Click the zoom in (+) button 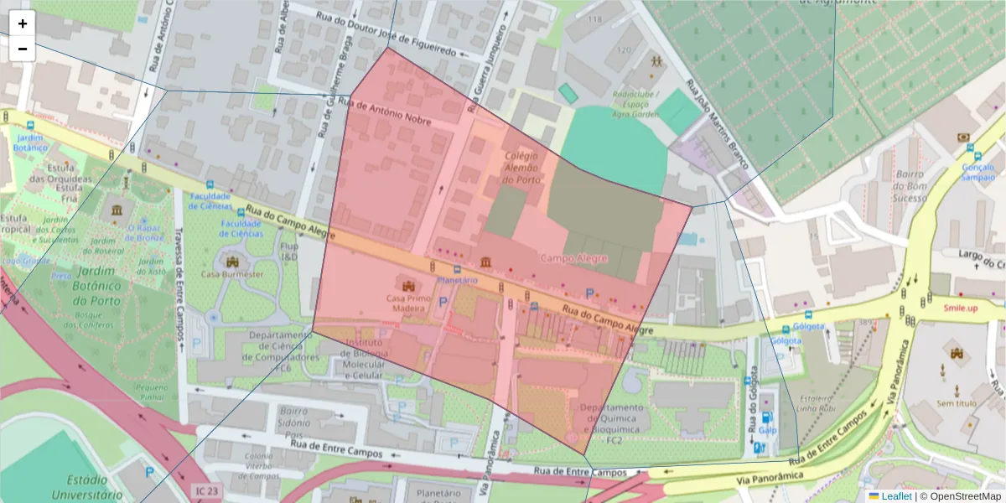23,23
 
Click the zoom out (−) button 23,49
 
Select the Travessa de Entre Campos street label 179,285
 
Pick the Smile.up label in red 961,309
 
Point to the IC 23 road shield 204,490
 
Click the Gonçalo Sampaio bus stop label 977,172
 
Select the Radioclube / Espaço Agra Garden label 635,105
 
